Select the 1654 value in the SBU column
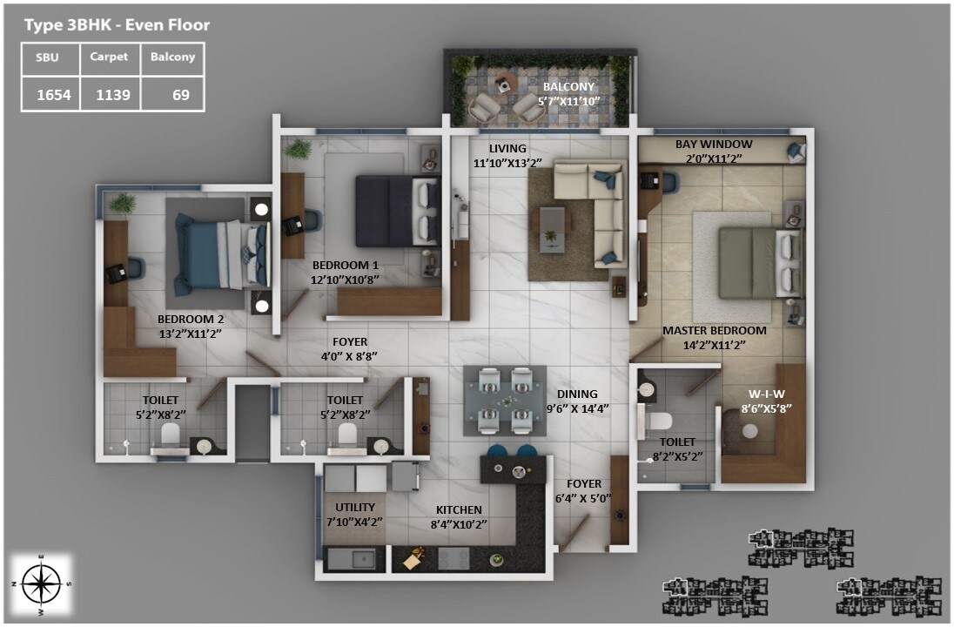[x=53, y=95]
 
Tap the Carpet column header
[x=109, y=57]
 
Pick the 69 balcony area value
[x=180, y=95]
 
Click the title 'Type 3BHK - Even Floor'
[x=117, y=25]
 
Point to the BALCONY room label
[x=568, y=87]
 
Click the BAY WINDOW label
[x=714, y=144]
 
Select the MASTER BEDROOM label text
[x=714, y=331]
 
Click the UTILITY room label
[x=355, y=507]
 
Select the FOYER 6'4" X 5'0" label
[x=584, y=499]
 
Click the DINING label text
[x=578, y=394]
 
